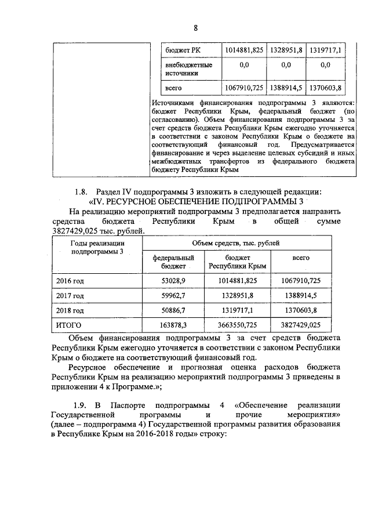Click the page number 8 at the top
click(195, 27)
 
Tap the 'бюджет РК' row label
click(180, 50)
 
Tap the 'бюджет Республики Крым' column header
click(237, 261)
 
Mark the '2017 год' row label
click(70, 295)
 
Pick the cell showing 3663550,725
click(237, 325)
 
